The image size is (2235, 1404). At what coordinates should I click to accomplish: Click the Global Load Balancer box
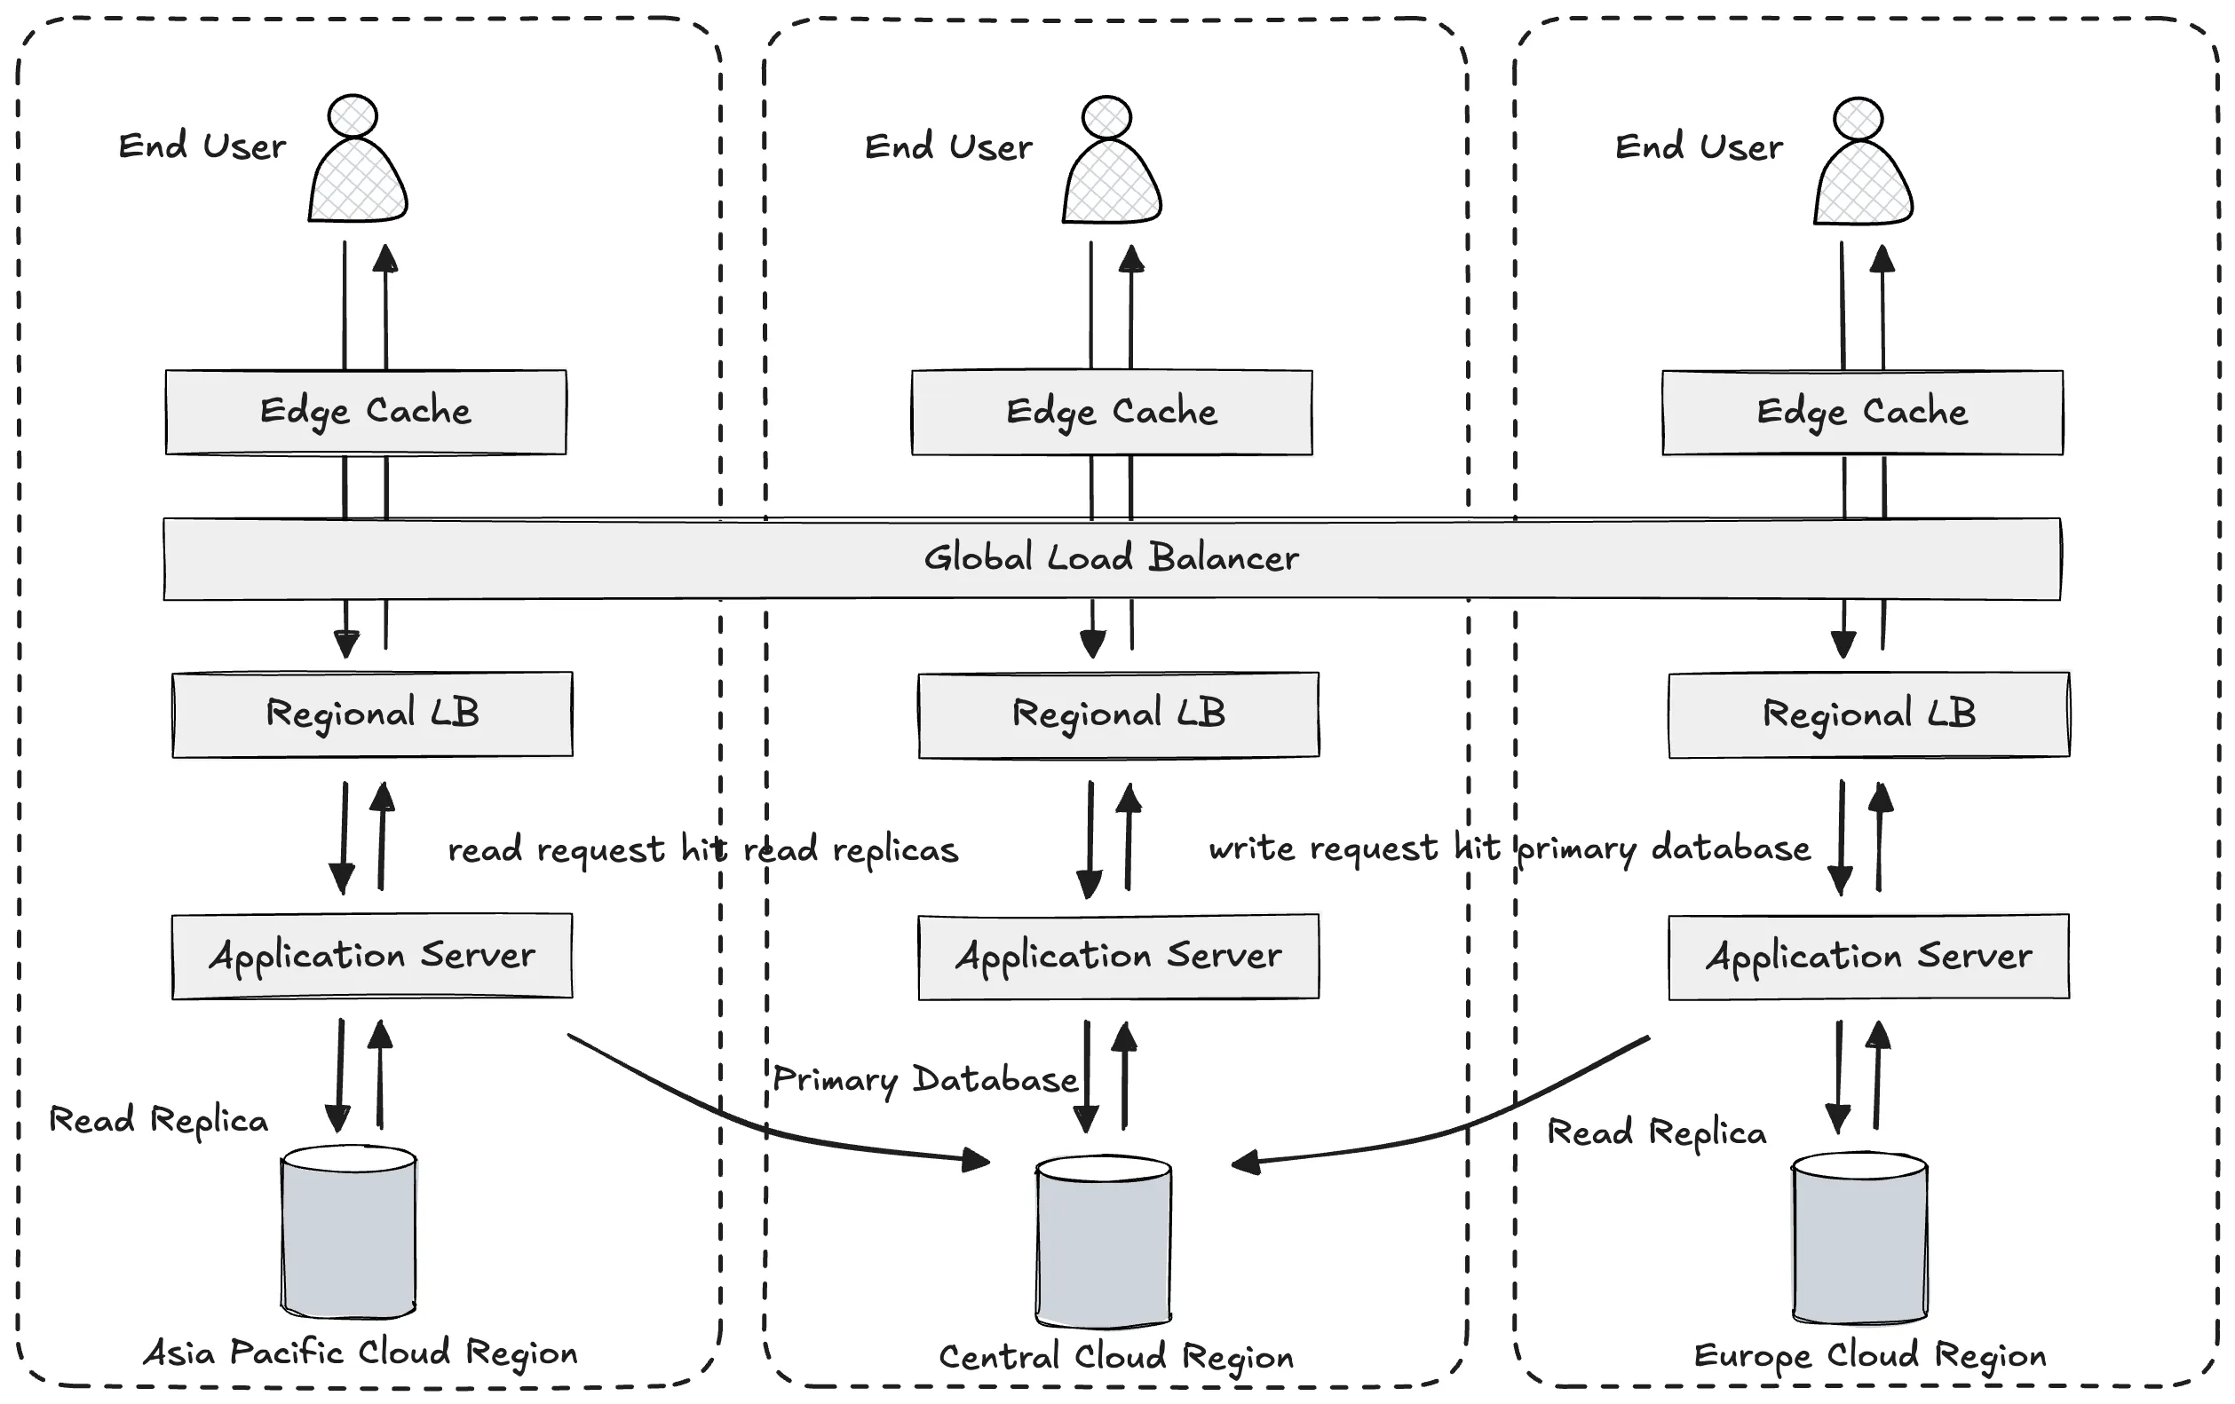pos(1112,557)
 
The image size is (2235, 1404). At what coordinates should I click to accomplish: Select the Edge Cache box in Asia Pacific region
pos(366,411)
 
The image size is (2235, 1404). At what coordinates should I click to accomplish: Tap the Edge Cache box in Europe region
pos(1862,412)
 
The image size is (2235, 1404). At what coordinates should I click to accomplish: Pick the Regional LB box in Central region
pos(1119,714)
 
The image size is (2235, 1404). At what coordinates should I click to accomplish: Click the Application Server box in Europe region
pos(1868,956)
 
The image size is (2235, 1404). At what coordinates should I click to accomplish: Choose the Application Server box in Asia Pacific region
pos(372,955)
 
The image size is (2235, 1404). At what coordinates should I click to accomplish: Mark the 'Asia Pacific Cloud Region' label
pos(361,1353)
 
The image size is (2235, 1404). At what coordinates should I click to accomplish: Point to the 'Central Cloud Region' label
pos(1115,1357)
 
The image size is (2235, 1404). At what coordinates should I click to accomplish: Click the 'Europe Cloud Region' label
pos(1869,1356)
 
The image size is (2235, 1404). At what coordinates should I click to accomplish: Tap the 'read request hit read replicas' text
pos(702,850)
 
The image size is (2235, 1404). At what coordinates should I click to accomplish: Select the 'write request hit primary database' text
pos(1510,848)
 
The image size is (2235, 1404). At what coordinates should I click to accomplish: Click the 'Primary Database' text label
pos(925,1079)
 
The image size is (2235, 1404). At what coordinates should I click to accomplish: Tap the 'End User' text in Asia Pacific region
pos(202,146)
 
